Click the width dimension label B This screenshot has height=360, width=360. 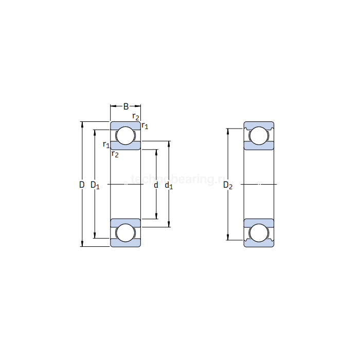click(x=126, y=107)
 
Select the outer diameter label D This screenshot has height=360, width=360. click(x=82, y=184)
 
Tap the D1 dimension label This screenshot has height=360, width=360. click(x=95, y=185)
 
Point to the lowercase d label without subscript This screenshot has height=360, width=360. click(x=156, y=184)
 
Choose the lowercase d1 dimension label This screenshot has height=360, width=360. click(x=169, y=185)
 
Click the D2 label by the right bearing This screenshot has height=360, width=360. click(x=228, y=185)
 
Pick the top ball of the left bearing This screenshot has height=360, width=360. click(x=125, y=136)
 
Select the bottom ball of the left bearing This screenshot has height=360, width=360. click(x=125, y=232)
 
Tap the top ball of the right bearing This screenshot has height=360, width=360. click(x=259, y=136)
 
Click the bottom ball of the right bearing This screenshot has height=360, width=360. click(x=259, y=232)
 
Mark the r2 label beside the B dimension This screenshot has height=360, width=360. click(x=136, y=117)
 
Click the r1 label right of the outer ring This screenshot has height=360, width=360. click(x=145, y=125)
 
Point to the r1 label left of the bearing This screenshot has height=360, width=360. click(x=106, y=145)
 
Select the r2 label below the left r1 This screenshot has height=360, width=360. click(x=115, y=154)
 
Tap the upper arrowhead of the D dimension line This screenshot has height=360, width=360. click(x=82, y=124)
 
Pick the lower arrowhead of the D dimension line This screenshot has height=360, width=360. click(x=82, y=244)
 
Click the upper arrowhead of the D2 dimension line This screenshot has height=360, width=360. click(x=228, y=131)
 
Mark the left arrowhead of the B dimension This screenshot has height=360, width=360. click(x=113, y=107)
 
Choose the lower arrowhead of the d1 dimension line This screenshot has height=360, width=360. click(x=169, y=224)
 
